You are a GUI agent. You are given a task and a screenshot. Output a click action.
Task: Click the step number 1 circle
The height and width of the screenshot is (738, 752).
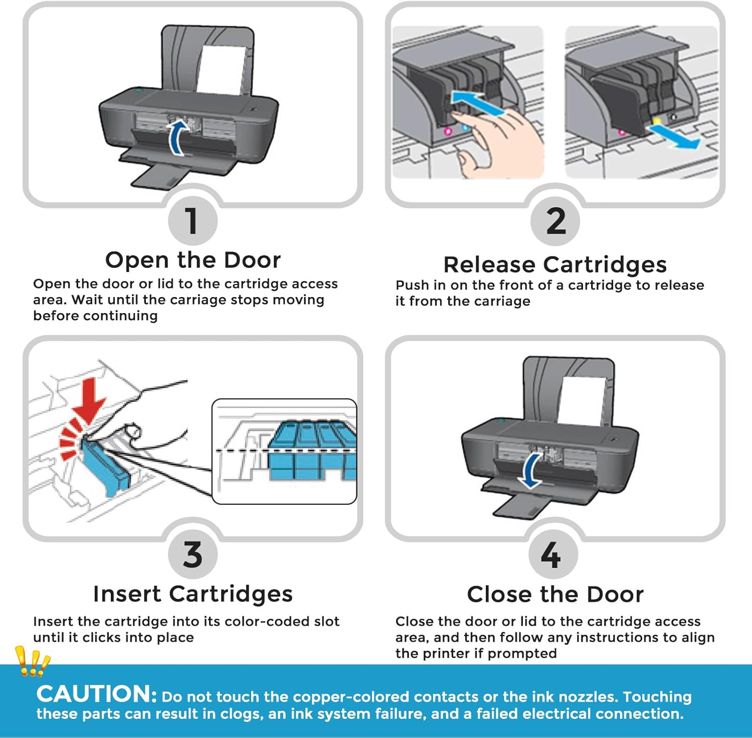[193, 221]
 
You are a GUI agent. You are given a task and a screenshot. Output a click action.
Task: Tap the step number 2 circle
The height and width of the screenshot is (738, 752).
[555, 221]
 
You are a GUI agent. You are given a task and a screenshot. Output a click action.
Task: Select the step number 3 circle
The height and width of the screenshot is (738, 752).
[193, 554]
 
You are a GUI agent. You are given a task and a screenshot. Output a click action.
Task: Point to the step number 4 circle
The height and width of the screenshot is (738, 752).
[552, 554]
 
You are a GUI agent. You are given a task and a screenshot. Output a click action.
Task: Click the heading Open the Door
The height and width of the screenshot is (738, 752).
[193, 260]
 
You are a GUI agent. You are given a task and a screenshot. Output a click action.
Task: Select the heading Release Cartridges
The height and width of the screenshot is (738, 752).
[555, 264]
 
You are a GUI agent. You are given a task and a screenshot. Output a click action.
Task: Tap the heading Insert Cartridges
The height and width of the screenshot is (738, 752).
[193, 594]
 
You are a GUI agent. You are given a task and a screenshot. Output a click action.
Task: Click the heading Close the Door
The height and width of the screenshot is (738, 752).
[555, 595]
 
